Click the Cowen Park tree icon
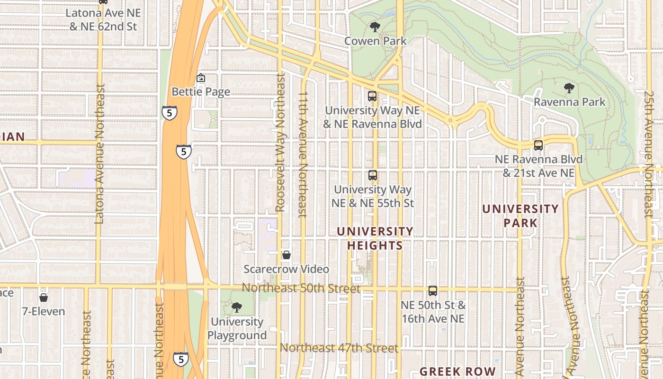pyautogui.click(x=375, y=27)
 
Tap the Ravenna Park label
pyautogui.click(x=569, y=102)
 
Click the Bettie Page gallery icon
pyautogui.click(x=201, y=78)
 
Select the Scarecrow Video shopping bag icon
pyautogui.click(x=286, y=255)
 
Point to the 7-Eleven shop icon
pyautogui.click(x=44, y=298)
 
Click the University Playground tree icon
pyautogui.click(x=236, y=308)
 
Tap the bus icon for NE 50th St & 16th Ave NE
pyautogui.click(x=432, y=291)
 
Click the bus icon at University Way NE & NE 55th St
pyautogui.click(x=373, y=175)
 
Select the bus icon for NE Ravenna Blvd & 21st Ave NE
pyautogui.click(x=538, y=145)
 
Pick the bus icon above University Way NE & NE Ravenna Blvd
pyautogui.click(x=372, y=96)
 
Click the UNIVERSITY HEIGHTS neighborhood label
pyautogui.click(x=375, y=238)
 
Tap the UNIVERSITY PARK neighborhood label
pyautogui.click(x=520, y=216)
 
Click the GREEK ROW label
pyautogui.click(x=457, y=372)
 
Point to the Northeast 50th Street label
pyautogui.click(x=301, y=288)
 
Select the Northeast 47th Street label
pyautogui.click(x=339, y=348)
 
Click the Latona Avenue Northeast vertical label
pyautogui.click(x=99, y=154)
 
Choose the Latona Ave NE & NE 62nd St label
pyautogui.click(x=103, y=20)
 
